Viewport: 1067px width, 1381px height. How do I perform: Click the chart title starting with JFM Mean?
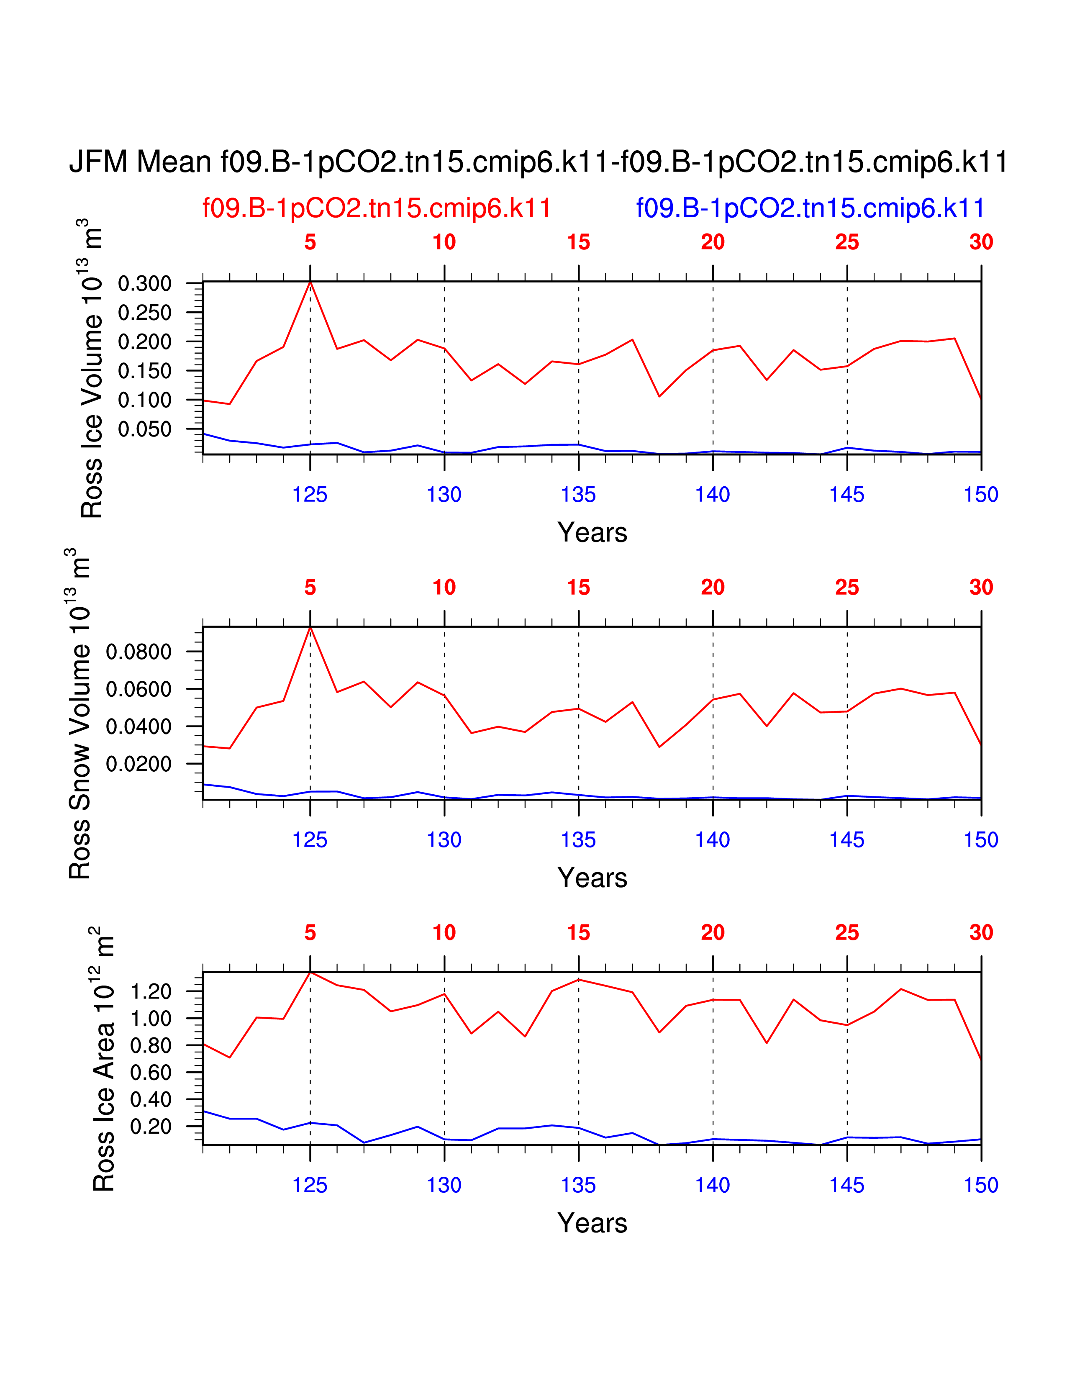[x=538, y=162]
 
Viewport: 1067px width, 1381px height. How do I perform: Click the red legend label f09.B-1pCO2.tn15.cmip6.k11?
[x=377, y=208]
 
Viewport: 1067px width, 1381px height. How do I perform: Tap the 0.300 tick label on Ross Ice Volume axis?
[x=145, y=283]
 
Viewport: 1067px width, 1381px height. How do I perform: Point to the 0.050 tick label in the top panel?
[x=145, y=429]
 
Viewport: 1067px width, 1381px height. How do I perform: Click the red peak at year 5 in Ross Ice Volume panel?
[x=310, y=282]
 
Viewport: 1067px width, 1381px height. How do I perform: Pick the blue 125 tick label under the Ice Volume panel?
[x=310, y=495]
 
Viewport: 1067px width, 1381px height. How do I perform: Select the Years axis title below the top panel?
[x=592, y=532]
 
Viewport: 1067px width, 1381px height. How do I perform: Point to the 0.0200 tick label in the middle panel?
[x=139, y=764]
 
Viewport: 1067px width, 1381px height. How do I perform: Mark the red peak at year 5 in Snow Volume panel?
[x=310, y=627]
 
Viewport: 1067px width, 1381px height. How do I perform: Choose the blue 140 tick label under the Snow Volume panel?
[x=713, y=840]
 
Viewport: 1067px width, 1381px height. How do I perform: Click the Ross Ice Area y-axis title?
[x=104, y=1059]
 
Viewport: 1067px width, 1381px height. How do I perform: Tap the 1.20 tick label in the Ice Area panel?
[x=151, y=991]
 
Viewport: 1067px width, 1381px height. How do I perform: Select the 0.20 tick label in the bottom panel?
[x=151, y=1126]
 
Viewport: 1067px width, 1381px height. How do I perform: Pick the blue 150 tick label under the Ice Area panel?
[x=980, y=1185]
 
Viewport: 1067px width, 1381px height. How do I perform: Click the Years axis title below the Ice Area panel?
[x=592, y=1223]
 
